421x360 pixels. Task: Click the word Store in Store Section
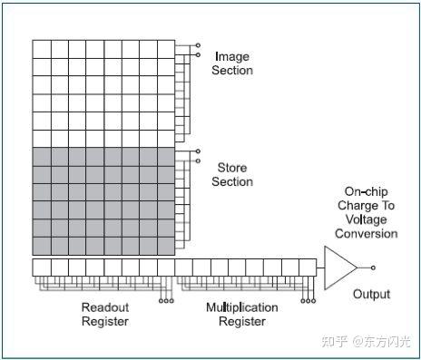231,168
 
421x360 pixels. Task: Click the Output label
370,294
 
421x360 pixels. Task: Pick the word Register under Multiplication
240,321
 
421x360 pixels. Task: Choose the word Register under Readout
105,321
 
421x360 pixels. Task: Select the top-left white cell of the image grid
42,48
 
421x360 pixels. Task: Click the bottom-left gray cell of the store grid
42,246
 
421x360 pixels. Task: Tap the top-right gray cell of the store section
165,157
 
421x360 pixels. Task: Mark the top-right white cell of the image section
165,48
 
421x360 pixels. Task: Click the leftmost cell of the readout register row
41,268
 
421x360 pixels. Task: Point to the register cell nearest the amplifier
308,268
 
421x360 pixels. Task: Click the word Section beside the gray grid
232,181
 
